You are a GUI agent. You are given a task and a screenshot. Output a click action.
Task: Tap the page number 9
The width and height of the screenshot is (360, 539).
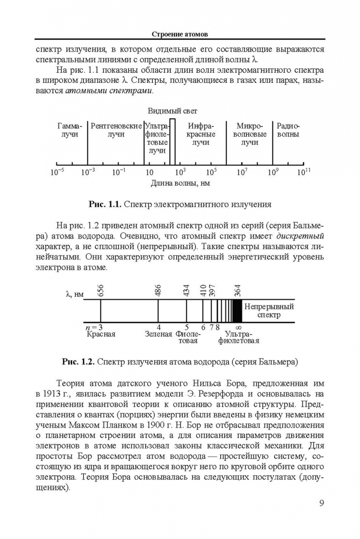click(x=322, y=502)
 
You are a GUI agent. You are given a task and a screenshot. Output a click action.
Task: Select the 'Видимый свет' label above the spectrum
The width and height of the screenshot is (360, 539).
click(x=171, y=111)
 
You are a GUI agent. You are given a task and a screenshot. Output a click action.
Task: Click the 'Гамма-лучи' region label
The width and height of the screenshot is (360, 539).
click(x=69, y=131)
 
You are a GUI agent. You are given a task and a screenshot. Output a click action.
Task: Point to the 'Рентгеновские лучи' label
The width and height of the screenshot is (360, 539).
click(x=116, y=131)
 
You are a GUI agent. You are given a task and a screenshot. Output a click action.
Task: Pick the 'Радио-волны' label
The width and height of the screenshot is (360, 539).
click(x=289, y=131)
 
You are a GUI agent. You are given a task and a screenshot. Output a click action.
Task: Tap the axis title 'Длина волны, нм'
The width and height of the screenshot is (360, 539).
click(x=180, y=183)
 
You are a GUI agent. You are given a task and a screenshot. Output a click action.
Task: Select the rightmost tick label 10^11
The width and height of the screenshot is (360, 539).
click(x=304, y=172)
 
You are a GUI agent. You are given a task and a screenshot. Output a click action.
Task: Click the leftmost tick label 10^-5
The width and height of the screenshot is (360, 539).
click(x=57, y=172)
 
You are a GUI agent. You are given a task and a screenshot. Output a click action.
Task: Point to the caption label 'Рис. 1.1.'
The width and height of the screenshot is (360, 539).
click(x=105, y=204)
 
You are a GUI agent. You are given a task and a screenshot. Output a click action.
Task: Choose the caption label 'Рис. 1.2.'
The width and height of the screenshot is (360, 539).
click(x=78, y=360)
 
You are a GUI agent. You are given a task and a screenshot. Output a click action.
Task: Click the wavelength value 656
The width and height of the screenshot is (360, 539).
click(x=101, y=290)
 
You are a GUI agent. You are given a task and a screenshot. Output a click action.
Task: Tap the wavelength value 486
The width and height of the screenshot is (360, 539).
click(x=158, y=290)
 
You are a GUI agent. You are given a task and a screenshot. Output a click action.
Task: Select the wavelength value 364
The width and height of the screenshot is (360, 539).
click(x=238, y=290)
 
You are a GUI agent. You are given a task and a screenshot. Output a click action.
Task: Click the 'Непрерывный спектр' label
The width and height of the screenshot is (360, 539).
click(x=269, y=310)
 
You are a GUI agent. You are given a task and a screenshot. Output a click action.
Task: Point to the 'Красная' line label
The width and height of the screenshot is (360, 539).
click(x=101, y=334)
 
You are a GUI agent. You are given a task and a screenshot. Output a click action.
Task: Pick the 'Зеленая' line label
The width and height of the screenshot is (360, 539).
click(x=158, y=334)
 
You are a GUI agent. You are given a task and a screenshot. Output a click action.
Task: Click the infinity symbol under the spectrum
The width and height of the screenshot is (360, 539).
click(x=238, y=327)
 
